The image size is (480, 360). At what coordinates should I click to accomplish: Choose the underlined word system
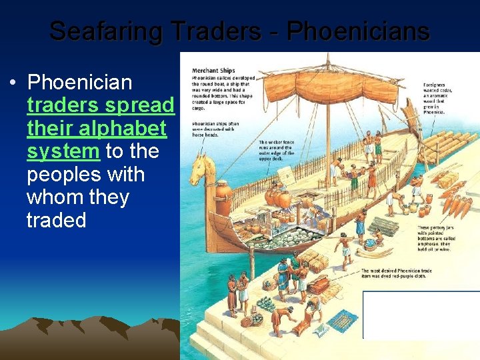pos(63,151)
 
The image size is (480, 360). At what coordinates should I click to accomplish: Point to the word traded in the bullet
pos(56,220)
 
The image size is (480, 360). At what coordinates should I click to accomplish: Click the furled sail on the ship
pos(333,87)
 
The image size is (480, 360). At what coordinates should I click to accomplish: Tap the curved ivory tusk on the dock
pos(374,252)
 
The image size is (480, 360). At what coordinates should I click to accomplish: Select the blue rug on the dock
pos(342,321)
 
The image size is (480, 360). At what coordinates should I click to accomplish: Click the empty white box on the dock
pos(420,315)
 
